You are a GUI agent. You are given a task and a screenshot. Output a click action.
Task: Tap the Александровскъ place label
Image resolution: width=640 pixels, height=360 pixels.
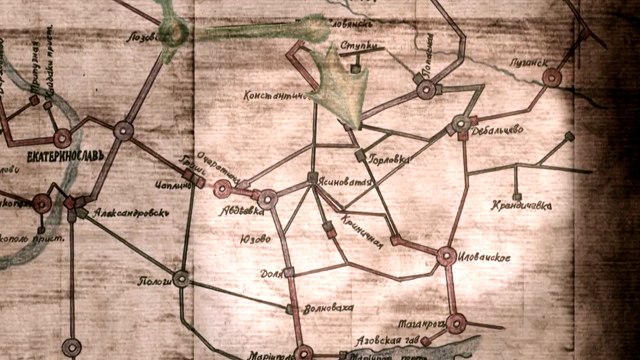click(118, 213)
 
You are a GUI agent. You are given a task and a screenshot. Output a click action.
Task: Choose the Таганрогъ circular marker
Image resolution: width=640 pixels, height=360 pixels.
click(456, 323)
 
